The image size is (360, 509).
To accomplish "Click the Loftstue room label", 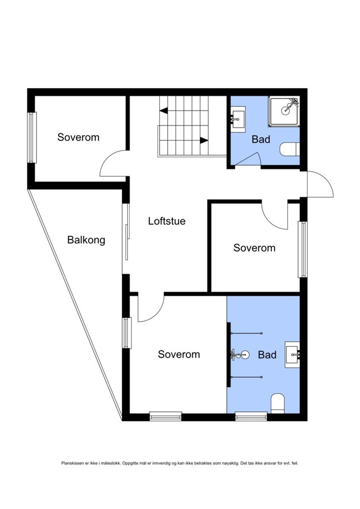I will click(167, 221).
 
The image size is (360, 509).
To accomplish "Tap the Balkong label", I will click(86, 240).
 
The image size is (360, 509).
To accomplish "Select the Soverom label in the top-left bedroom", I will click(78, 137).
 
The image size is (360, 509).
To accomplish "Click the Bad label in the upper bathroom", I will click(260, 139).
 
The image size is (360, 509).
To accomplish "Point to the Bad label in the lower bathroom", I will click(267, 355).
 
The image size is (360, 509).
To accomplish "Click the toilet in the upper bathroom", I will click(291, 149).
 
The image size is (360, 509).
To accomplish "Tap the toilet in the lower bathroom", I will click(278, 403).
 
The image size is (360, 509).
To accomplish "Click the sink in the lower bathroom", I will click(293, 351).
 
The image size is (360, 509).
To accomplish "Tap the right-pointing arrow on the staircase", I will click(204, 140).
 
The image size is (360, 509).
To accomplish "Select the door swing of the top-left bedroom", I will click(112, 164).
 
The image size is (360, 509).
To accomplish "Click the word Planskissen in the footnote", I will click(70, 463).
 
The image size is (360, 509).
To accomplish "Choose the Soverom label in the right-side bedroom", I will click(254, 248).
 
